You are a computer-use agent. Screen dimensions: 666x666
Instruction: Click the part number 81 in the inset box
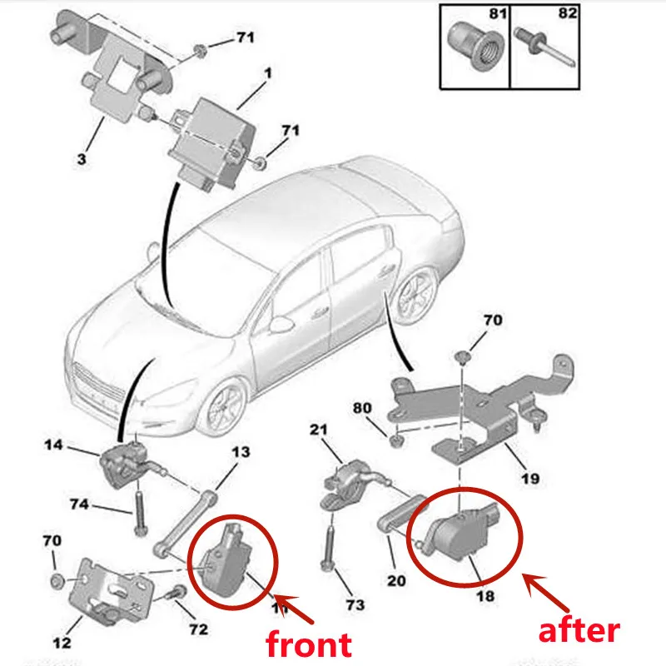pos(497,14)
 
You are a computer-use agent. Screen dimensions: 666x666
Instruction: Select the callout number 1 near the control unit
pos(268,73)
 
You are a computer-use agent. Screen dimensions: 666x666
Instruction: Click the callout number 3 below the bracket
pos(82,157)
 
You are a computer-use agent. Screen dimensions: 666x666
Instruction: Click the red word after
pos(579,630)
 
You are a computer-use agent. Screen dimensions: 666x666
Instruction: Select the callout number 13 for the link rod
pos(241,452)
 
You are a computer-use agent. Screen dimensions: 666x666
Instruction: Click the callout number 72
pos(198,629)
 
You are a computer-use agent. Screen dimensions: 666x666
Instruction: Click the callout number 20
pos(396,580)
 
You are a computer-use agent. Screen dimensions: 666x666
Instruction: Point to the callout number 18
pos(485,596)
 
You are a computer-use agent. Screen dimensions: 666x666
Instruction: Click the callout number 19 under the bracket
pos(529,479)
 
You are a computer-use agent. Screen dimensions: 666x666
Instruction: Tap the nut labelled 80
pos(396,438)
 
